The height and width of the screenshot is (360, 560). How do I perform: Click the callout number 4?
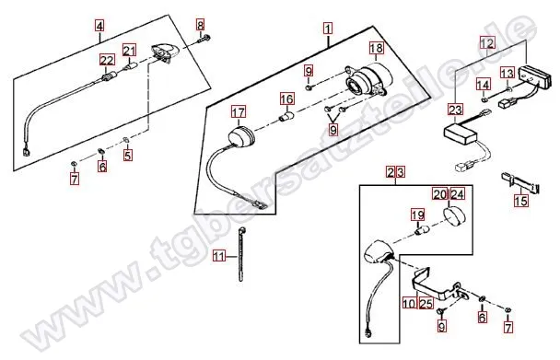(99, 26)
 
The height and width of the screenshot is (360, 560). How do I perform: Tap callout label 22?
(107, 60)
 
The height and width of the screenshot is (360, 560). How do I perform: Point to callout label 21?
(130, 50)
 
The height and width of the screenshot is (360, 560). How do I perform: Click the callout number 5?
(128, 156)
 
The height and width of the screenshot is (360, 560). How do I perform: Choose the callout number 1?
(327, 29)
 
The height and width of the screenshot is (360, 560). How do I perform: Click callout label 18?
(376, 47)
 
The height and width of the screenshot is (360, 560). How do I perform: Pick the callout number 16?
(286, 99)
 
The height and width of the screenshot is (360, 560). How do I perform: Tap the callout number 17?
(238, 113)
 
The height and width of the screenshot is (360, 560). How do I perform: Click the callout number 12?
(486, 42)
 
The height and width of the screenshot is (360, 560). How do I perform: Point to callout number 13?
(507, 73)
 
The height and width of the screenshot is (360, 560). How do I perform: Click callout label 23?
(454, 110)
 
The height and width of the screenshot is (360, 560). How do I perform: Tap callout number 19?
(416, 215)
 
